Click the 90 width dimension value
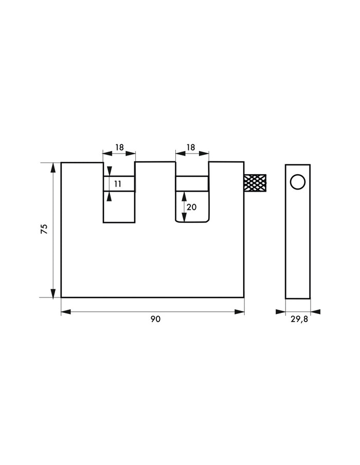(x=155, y=319)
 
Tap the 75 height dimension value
(x=44, y=229)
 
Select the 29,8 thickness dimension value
(x=299, y=320)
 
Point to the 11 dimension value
(x=118, y=184)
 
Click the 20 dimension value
(x=192, y=207)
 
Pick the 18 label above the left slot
(x=119, y=147)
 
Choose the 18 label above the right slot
(x=191, y=147)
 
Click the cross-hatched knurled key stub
(x=255, y=183)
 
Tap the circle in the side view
(x=298, y=182)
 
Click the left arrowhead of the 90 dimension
(x=66, y=312)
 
